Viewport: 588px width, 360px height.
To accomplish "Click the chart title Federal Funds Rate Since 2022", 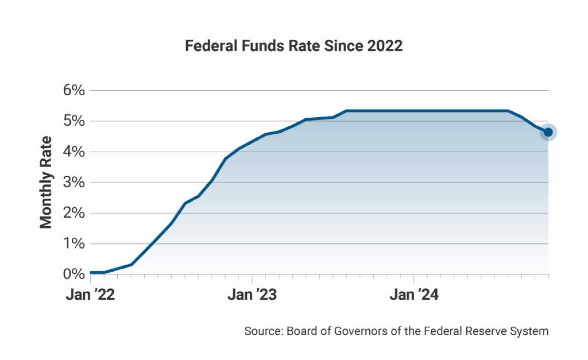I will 293,46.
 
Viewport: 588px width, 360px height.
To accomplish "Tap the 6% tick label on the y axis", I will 74,90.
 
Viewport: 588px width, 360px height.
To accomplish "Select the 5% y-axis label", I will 74,121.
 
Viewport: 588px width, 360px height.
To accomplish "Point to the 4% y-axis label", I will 74,152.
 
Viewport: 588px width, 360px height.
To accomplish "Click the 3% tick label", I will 74,182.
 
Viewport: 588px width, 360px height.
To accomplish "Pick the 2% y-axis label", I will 74,213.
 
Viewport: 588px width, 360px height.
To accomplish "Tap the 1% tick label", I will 74,244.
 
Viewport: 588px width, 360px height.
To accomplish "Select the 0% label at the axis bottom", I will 74,274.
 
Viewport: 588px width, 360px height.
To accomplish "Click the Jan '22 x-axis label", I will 90,295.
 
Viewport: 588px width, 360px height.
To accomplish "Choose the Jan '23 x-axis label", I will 252,295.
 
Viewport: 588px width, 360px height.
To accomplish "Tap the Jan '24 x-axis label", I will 414,295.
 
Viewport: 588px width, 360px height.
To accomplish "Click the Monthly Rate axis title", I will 46,182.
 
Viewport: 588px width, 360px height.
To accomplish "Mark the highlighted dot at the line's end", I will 548,132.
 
